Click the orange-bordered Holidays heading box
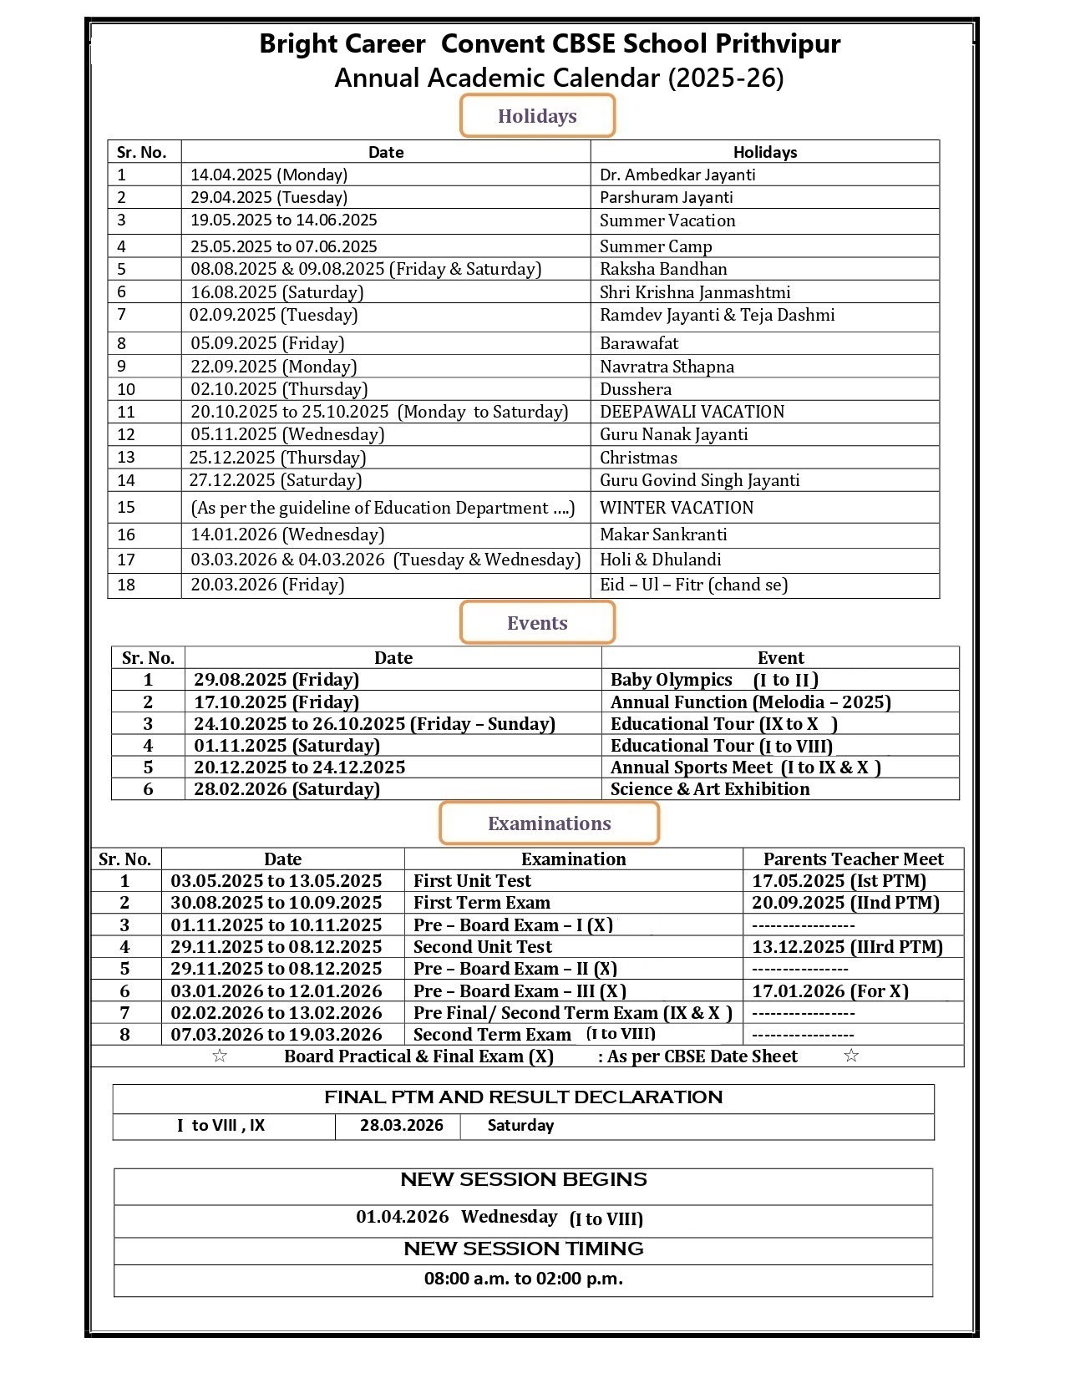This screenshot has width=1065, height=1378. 537,116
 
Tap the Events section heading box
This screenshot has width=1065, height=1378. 537,623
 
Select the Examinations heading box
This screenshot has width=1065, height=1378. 549,823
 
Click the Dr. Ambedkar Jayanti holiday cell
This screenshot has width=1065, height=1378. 677,175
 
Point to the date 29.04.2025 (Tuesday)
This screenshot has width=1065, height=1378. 269,197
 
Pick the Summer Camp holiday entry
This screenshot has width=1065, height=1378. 656,246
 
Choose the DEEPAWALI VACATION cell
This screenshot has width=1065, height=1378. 692,412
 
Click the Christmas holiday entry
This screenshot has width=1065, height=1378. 638,458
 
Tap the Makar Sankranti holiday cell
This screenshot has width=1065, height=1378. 663,534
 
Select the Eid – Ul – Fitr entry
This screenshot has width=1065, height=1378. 693,585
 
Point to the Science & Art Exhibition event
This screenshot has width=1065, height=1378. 710,789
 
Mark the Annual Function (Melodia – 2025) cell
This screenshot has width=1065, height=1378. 750,702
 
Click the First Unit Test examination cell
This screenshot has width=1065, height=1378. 472,881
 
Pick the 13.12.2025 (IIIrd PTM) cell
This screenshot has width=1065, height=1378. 847,947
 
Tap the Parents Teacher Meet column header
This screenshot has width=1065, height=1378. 853,859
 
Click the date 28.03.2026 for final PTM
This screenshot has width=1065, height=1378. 402,1125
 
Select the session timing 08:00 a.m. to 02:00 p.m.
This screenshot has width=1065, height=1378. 523,1279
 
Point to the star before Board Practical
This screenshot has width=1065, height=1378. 220,1056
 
